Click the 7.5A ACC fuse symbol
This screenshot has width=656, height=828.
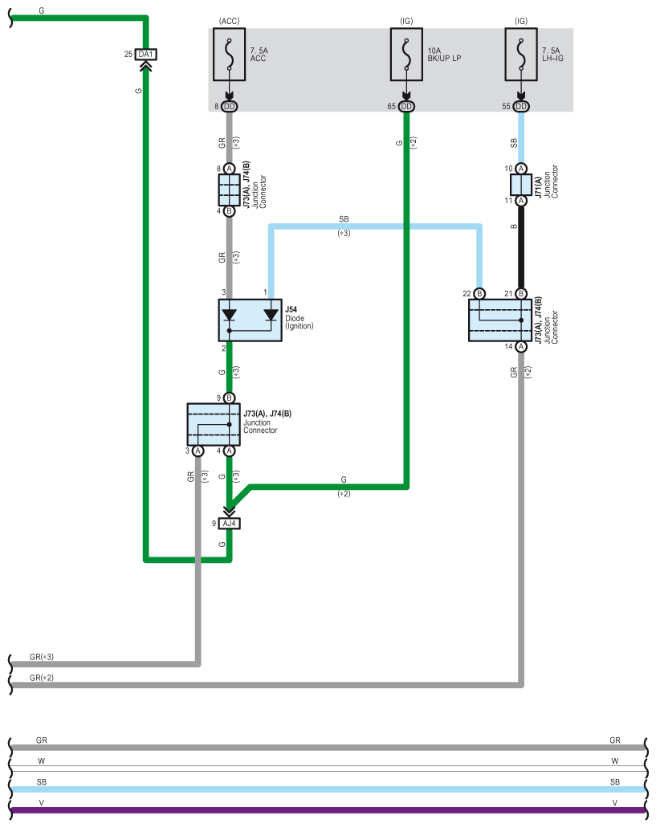[229, 55]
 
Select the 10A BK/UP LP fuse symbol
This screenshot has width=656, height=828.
[406, 55]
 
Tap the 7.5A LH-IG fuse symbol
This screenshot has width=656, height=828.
[521, 55]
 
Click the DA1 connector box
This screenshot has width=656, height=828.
[145, 55]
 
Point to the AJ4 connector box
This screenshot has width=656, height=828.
[229, 524]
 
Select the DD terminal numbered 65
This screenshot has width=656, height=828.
[406, 107]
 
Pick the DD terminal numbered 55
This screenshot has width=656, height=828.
[521, 107]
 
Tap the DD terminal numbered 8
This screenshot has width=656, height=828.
[229, 107]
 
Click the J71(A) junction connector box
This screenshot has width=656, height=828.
[521, 185]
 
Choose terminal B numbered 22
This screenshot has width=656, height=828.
[479, 294]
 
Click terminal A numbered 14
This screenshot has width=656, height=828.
[521, 347]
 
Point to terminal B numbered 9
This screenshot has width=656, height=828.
[229, 398]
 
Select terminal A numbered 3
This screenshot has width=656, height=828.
[198, 451]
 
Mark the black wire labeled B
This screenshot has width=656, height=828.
[521, 247]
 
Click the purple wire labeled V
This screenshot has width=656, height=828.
[328, 810]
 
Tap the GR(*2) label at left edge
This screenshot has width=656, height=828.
[42, 678]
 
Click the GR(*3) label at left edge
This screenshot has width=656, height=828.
[42, 657]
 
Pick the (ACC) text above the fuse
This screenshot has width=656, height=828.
[229, 21]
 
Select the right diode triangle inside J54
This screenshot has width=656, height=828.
[271, 315]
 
